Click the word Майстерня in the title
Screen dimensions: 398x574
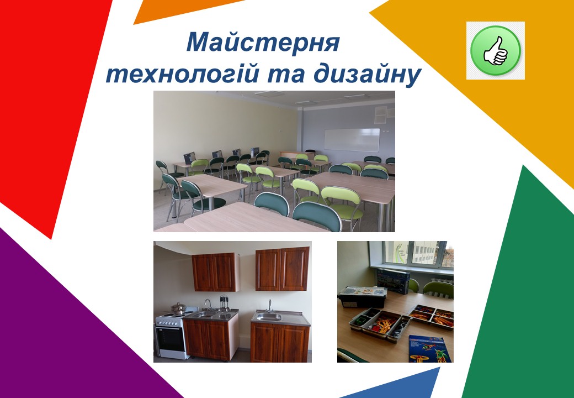click(262, 43)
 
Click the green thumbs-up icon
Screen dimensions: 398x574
click(495, 50)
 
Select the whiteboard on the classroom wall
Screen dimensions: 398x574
click(352, 140)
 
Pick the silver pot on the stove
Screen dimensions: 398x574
click(178, 308)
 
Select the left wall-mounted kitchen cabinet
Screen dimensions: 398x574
click(215, 272)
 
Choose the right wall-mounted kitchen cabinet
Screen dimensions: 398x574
click(282, 269)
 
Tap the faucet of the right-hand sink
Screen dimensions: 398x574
click(269, 305)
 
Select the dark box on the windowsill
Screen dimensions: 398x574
click(393, 280)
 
